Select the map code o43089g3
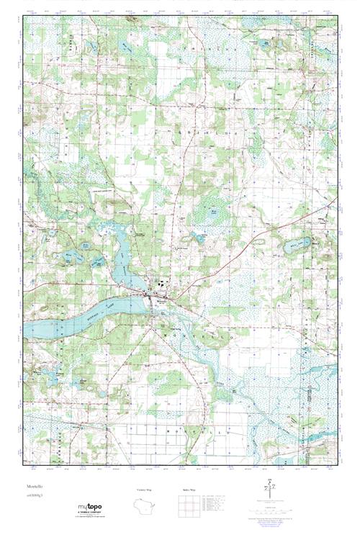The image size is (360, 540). point(31,497)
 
